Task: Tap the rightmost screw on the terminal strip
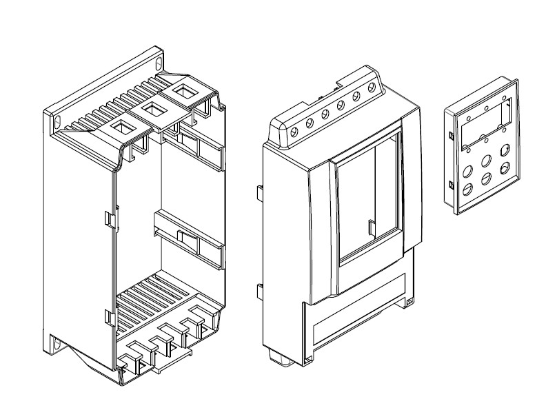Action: click(x=372, y=88)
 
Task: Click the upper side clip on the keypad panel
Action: click(x=449, y=135)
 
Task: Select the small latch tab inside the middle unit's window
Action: click(x=371, y=227)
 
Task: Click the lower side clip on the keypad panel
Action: click(x=449, y=185)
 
